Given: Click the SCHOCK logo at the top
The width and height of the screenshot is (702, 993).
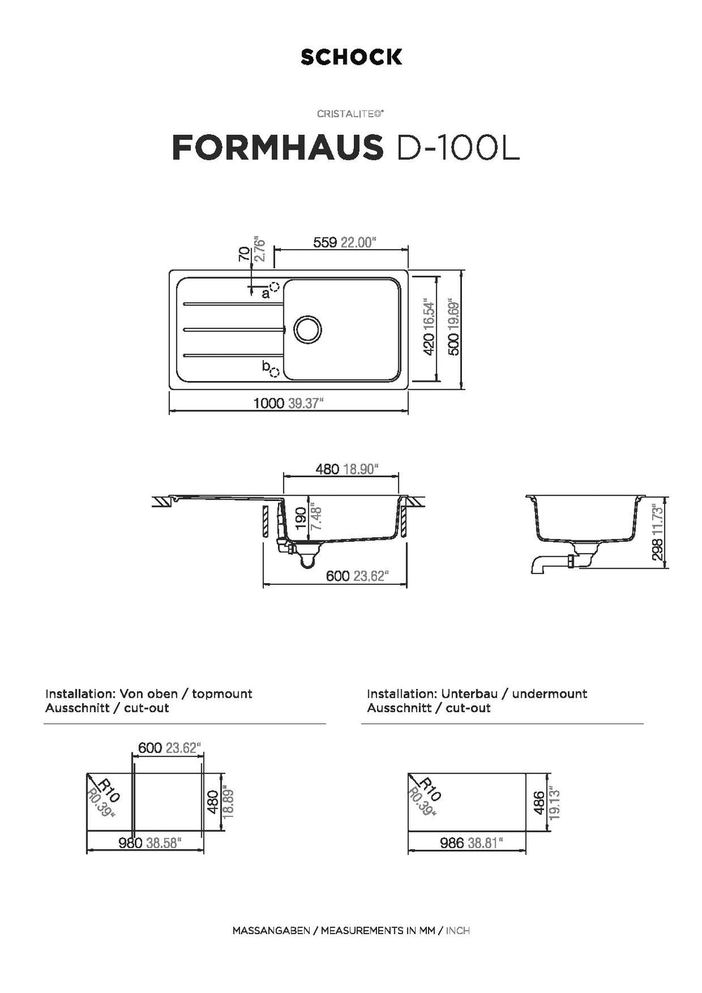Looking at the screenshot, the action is click(351, 57).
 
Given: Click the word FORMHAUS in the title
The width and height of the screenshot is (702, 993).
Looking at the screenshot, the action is click(277, 147).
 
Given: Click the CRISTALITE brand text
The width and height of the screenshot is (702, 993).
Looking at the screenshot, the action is click(350, 114).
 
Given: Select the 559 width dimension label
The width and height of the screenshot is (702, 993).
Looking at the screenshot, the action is click(326, 243).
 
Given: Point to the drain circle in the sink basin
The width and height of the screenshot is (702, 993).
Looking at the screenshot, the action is click(307, 329).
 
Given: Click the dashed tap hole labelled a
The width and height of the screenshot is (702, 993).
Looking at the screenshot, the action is click(274, 287).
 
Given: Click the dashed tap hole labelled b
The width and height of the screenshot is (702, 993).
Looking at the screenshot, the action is click(274, 373).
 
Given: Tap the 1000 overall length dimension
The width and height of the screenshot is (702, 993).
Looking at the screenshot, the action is click(269, 403).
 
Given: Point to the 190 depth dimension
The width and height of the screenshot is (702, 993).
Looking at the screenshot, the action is click(301, 518).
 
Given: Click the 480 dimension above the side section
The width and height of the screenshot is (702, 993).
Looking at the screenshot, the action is click(327, 469).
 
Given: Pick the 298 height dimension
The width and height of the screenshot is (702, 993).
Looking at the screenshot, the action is click(658, 549).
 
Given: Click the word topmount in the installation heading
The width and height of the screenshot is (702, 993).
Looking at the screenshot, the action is click(222, 694).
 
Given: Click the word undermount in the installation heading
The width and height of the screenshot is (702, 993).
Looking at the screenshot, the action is click(550, 694).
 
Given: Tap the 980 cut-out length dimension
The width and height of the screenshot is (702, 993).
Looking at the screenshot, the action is click(130, 843).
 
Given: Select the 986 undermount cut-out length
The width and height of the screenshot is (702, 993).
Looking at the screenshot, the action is click(452, 843).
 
